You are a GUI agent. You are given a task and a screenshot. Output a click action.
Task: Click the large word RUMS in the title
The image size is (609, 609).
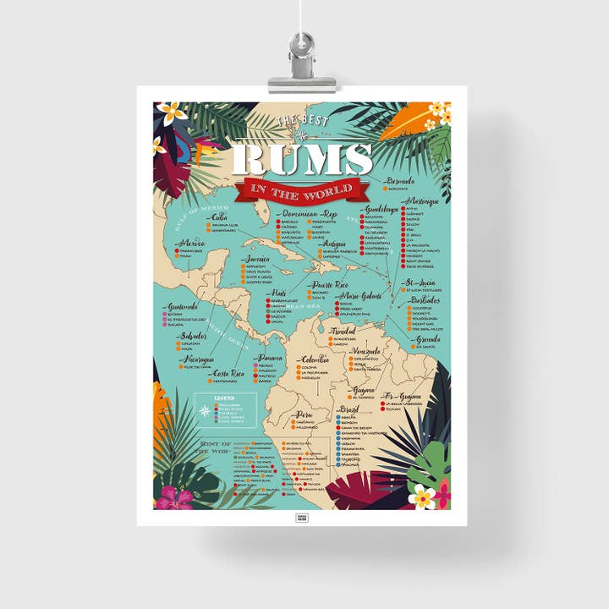[302, 160]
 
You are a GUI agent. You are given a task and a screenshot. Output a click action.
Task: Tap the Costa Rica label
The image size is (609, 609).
[228, 373]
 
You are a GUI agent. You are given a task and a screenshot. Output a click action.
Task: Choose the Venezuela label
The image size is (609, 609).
[365, 351]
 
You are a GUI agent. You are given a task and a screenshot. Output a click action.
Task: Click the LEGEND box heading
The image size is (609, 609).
[224, 397]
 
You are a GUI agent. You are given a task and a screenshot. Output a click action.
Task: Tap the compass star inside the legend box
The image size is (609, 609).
[205, 411]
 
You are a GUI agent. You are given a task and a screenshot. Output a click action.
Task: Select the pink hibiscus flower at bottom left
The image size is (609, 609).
[175, 497]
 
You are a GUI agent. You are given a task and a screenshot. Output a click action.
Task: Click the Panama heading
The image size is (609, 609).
[272, 357]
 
